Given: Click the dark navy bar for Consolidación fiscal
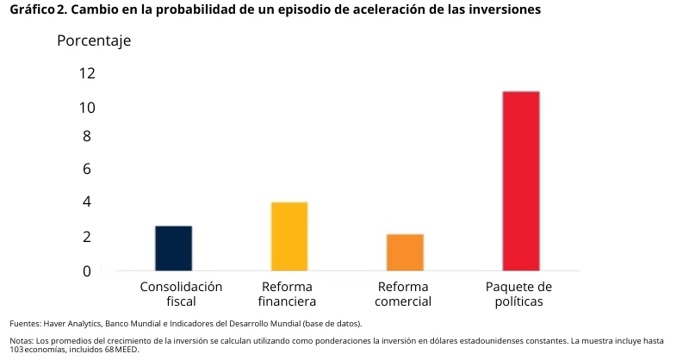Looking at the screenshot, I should [173, 248].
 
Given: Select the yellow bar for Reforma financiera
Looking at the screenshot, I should [289, 236].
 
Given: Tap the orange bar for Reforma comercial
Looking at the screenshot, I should [405, 252].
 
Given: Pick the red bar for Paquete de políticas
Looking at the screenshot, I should [521, 181].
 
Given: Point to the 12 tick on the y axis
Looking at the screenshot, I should [86, 73].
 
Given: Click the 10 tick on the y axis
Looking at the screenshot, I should [86, 108].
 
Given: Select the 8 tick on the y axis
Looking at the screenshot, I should [86, 136].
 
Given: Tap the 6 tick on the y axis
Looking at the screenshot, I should [86, 169].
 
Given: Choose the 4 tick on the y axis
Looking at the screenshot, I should [86, 202].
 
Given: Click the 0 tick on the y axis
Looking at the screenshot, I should [86, 270].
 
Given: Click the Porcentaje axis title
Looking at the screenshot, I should [94, 41].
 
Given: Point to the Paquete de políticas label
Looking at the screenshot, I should [518, 294].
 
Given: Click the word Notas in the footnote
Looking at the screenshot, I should [22, 341].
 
